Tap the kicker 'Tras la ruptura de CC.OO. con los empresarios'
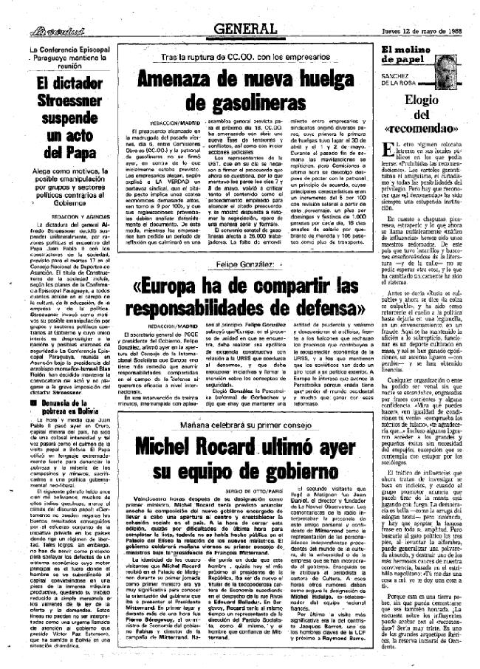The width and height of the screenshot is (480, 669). [x=236, y=57]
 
